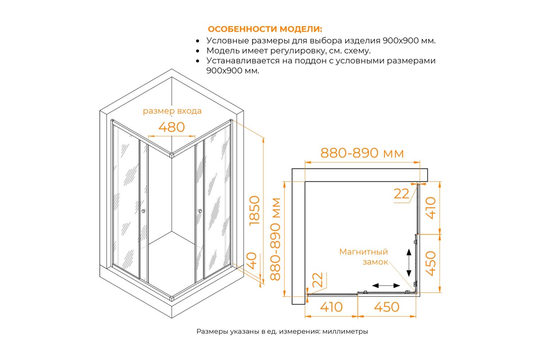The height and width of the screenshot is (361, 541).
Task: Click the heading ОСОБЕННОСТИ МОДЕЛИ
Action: (265, 29)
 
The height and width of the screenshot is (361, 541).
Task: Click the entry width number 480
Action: (171, 127)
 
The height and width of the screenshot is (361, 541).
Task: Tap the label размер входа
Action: (172, 111)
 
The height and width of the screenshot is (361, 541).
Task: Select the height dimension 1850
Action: (254, 211)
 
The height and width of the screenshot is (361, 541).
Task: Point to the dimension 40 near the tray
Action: (252, 261)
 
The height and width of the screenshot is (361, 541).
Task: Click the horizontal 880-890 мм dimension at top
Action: (362, 153)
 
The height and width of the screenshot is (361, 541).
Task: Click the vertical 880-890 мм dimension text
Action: (275, 239)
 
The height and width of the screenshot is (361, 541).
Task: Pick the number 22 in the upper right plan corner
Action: (401, 194)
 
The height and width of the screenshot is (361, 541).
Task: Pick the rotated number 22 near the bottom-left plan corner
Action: (317, 280)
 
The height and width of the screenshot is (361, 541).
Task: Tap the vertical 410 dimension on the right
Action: (431, 208)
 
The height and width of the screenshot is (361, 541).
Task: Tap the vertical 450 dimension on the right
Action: (431, 264)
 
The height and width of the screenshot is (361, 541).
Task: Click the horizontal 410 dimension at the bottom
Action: (331, 307)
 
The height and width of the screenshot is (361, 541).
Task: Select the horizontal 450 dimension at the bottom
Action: (387, 307)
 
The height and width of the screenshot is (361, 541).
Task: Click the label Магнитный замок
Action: (363, 257)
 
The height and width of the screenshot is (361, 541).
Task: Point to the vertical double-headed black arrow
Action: (408, 263)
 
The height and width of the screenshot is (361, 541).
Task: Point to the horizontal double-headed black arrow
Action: (386, 286)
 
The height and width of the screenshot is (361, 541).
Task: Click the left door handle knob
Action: (143, 211)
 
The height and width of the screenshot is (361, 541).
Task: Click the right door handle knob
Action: (200, 211)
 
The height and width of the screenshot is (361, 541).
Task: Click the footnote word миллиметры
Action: (345, 332)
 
